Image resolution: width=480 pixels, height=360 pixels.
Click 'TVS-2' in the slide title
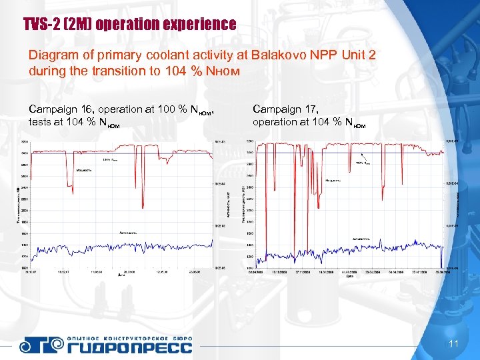(39, 25)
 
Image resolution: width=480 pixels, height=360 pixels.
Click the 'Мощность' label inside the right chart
(333, 180)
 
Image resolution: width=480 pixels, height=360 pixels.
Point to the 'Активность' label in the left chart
(129, 233)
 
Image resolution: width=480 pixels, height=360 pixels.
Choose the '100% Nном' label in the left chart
(110, 159)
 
